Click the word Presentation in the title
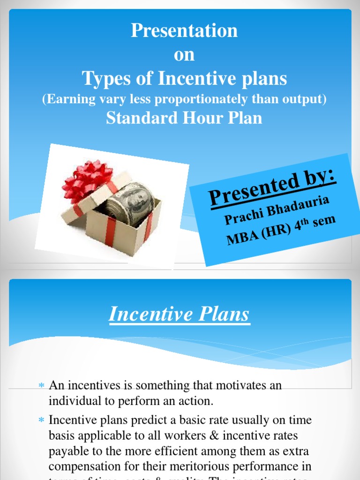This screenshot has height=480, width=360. (184, 31)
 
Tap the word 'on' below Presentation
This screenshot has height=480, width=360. (184, 55)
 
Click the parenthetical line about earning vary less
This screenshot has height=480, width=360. (184, 99)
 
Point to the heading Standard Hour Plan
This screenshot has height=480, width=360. (184, 118)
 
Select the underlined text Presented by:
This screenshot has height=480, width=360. (272, 187)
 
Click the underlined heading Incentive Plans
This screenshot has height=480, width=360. (180, 314)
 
